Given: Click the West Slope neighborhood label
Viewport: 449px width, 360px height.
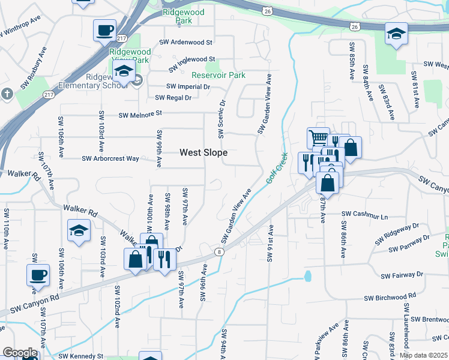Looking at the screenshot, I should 203,153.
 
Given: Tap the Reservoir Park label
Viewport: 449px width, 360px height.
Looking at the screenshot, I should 218,76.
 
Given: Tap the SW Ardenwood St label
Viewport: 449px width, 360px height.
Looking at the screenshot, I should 185,43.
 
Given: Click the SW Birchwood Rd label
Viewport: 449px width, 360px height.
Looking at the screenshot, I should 390,296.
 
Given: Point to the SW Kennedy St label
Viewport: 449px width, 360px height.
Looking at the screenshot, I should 81,355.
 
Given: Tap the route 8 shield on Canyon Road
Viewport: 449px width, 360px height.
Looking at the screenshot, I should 220,252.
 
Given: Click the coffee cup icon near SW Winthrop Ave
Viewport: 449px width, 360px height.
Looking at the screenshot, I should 104,30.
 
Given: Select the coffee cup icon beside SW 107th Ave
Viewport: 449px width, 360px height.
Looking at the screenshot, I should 38,275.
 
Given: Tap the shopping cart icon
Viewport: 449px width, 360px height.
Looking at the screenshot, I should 318,138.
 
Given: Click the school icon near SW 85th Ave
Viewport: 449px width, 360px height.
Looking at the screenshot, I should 396,33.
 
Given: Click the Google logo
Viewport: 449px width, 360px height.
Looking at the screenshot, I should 19,353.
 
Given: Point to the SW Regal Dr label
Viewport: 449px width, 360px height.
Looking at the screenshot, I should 173,98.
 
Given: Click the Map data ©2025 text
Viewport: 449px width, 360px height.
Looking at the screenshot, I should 423,355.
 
